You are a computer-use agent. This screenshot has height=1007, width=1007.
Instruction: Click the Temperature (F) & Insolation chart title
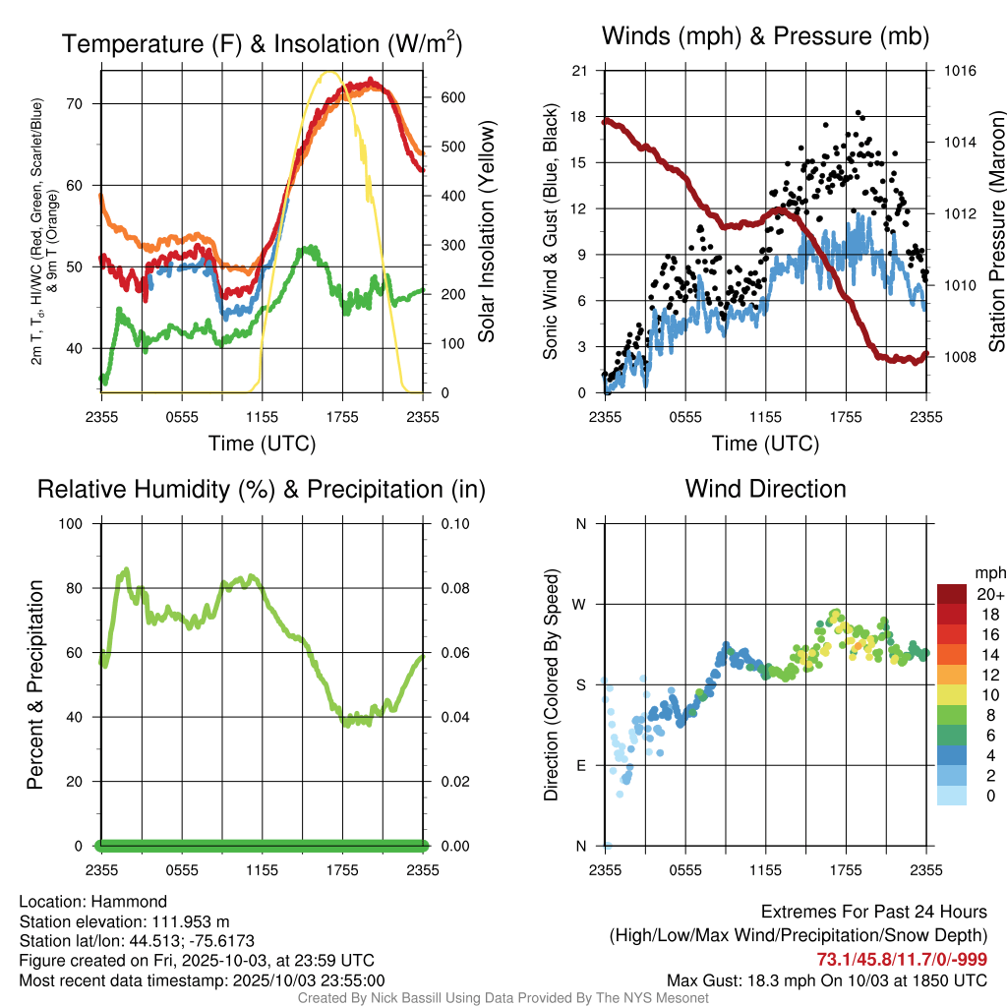point(262,43)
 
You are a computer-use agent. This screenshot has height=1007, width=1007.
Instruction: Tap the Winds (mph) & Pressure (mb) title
point(765,36)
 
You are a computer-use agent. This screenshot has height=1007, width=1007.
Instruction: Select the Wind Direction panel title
point(765,488)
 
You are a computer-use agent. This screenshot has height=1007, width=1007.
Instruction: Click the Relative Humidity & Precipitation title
point(262,489)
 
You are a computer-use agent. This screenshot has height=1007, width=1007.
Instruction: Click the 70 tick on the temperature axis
point(86,103)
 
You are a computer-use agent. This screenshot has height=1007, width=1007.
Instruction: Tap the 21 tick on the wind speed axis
point(579,71)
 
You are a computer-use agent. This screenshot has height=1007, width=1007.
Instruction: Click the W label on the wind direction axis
point(580,604)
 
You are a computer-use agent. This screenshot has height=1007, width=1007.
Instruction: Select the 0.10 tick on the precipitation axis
point(454,523)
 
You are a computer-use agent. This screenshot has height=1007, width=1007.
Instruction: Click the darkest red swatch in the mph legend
point(951,594)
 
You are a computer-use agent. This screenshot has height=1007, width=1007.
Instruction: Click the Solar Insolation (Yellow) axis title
point(486,231)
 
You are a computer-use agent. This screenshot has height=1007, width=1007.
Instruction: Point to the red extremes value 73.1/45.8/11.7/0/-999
point(902,959)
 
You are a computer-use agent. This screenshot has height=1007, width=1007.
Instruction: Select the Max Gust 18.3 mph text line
point(826,979)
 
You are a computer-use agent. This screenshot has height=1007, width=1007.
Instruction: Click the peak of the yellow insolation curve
point(329,72)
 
